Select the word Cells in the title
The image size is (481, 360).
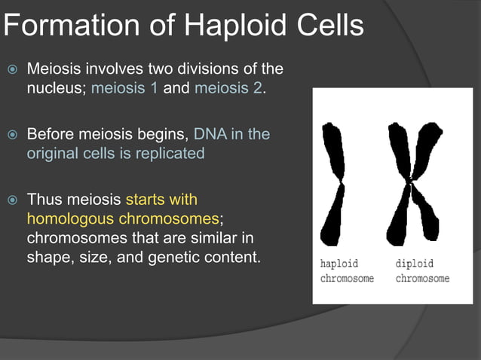(328, 27)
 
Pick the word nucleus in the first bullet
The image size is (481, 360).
(56, 88)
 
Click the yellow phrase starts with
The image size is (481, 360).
(161, 200)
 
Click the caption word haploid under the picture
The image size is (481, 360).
(339, 264)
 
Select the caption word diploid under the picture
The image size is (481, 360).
(415, 264)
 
